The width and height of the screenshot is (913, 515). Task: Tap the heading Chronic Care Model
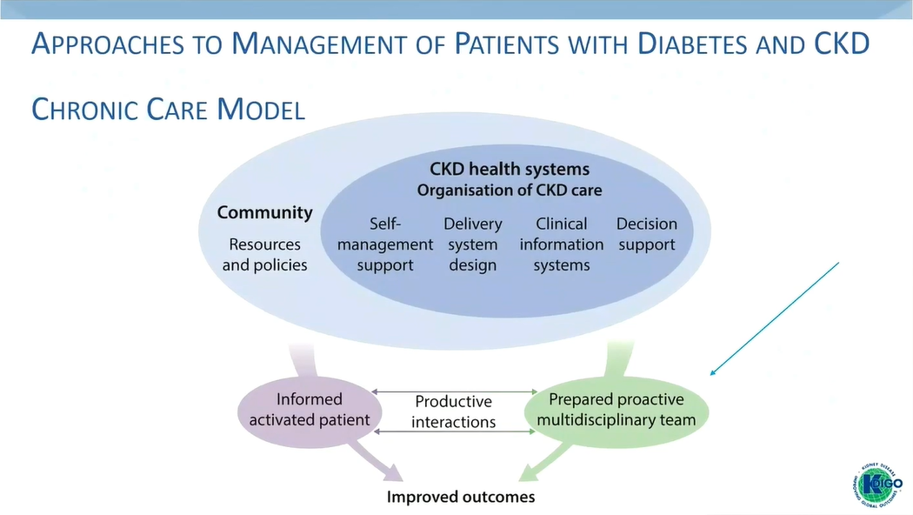(x=168, y=110)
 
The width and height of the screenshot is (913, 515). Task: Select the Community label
(x=264, y=212)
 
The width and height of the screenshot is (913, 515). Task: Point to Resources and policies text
(x=264, y=255)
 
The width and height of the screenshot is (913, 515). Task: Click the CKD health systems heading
(x=510, y=169)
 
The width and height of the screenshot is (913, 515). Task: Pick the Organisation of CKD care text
(x=510, y=190)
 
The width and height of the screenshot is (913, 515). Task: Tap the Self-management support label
(x=385, y=244)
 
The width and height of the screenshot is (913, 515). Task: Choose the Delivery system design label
(x=473, y=244)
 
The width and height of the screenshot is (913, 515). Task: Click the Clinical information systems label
(x=562, y=244)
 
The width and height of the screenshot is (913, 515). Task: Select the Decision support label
(x=647, y=234)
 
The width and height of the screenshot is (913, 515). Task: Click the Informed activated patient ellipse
(x=310, y=410)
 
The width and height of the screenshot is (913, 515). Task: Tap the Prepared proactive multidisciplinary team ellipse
(x=616, y=410)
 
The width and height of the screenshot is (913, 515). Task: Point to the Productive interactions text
(x=453, y=411)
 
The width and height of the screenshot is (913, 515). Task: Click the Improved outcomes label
(x=461, y=498)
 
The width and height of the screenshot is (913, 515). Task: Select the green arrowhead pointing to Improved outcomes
(x=530, y=472)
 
